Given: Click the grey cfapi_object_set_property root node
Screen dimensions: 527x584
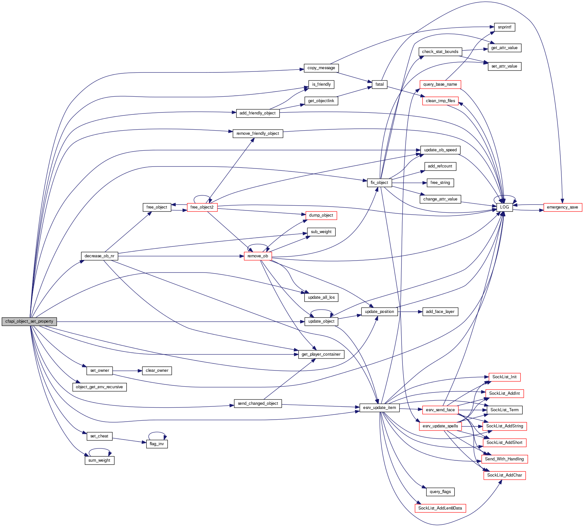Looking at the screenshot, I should (x=29, y=321).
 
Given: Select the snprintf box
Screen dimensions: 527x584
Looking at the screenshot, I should (x=504, y=27).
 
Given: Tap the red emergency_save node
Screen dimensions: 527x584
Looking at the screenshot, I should (x=562, y=207).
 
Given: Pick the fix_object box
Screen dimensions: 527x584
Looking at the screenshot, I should (x=379, y=183).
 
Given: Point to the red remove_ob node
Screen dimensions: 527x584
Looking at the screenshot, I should (x=258, y=256).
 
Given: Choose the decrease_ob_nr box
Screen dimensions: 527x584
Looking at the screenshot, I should (x=99, y=256).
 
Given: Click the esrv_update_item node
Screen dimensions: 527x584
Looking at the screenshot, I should (x=379, y=408).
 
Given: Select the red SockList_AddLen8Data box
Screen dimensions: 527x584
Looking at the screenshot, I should (x=440, y=508).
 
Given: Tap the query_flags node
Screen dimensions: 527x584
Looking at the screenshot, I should (x=440, y=492).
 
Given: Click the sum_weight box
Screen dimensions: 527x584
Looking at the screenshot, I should (x=99, y=460).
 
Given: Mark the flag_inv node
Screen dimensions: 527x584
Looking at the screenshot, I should (x=157, y=444).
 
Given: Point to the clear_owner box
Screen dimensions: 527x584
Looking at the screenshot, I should (x=157, y=371).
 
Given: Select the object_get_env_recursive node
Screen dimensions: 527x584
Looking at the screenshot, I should (x=99, y=387).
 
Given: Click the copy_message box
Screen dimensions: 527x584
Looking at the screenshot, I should (x=321, y=68).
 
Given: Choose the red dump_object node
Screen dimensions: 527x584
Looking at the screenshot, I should (x=321, y=215).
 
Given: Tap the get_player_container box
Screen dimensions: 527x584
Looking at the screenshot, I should (x=321, y=354).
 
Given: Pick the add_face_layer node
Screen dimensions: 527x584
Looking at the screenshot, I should (x=440, y=312).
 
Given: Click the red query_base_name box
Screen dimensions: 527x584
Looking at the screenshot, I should (x=440, y=84).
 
